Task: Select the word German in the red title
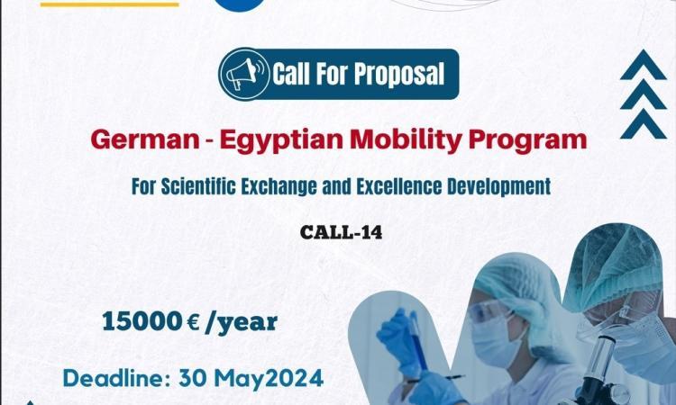point(145,139)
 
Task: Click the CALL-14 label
point(341,232)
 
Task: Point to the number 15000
point(142,321)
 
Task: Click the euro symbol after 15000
point(194,323)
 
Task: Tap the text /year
point(241,323)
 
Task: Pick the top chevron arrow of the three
point(644,65)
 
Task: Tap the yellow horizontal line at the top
point(109,4)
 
